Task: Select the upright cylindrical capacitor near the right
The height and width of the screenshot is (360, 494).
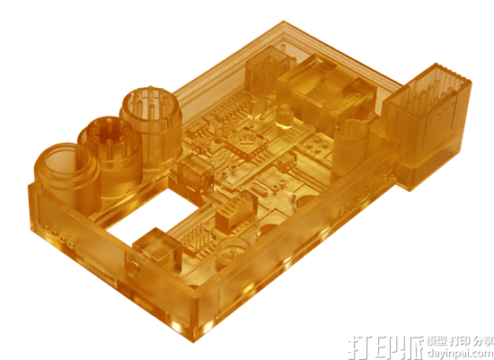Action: point(351,144)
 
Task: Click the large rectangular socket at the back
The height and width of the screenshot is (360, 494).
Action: point(328,85)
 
